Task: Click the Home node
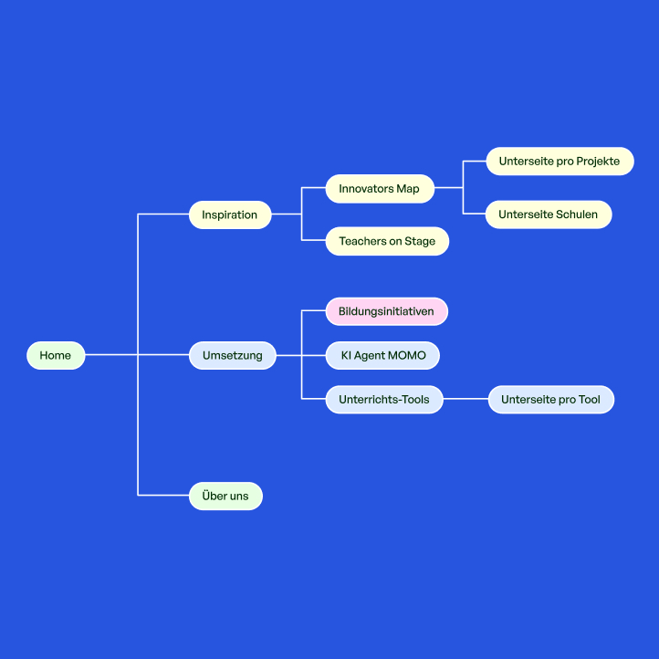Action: tap(56, 355)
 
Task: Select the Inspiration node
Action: tap(230, 215)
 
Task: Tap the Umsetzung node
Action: tap(232, 355)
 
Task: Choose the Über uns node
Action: tap(225, 497)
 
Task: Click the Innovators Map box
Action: tap(379, 189)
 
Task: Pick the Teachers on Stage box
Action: tap(387, 241)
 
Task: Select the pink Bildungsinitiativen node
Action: tap(386, 311)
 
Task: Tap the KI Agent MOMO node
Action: tap(382, 355)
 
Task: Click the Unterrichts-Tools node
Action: tap(384, 400)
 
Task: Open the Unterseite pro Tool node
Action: tap(550, 400)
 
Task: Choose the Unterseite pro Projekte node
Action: tap(559, 162)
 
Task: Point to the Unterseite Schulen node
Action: tap(548, 214)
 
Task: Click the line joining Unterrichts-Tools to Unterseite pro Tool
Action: tap(465, 400)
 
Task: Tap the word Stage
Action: tap(418, 241)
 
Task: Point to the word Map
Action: tap(408, 189)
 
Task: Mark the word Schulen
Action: tap(577, 214)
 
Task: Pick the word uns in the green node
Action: tap(237, 497)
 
